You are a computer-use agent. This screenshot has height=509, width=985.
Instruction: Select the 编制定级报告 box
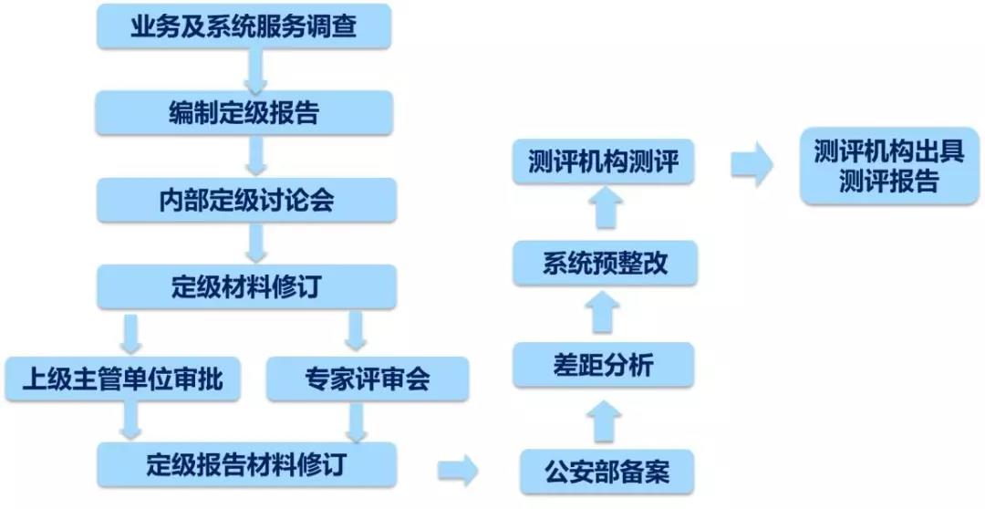pyautogui.click(x=244, y=113)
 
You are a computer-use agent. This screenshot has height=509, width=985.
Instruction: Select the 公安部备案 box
pyautogui.click(x=607, y=472)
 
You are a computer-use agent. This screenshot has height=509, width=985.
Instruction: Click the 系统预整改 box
pyautogui.click(x=604, y=265)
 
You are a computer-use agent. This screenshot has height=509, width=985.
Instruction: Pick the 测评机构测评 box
pyautogui.click(x=604, y=162)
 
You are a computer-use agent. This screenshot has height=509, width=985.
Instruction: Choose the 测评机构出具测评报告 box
pyautogui.click(x=889, y=165)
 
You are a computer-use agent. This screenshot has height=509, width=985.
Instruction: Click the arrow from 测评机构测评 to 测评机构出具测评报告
pyautogui.click(x=751, y=165)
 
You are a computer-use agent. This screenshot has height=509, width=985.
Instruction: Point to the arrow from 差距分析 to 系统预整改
pyautogui.click(x=603, y=314)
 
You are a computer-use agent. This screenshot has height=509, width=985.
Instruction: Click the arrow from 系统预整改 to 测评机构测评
pyautogui.click(x=603, y=212)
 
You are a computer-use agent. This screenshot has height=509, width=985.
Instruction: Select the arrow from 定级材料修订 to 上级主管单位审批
pyautogui.click(x=132, y=333)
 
